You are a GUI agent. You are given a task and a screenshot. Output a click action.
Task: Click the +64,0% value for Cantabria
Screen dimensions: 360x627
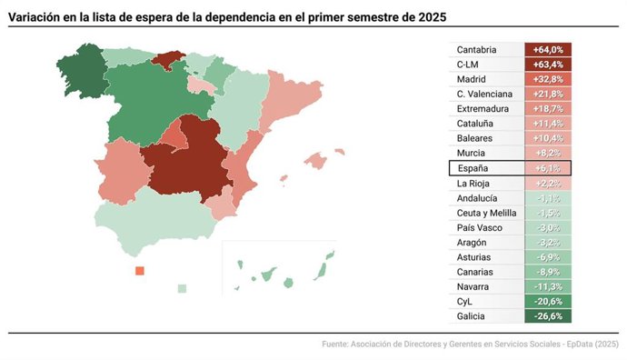point(548,50)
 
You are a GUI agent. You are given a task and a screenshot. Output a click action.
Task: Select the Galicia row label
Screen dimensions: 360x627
point(472,316)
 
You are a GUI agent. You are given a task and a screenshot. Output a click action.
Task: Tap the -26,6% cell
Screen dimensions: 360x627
point(548,316)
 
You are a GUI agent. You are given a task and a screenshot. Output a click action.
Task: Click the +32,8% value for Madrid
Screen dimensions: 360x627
point(548,79)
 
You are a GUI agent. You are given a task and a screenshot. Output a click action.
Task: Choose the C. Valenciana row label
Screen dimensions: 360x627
point(484,94)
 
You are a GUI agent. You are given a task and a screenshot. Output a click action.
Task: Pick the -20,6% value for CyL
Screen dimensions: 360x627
point(548,301)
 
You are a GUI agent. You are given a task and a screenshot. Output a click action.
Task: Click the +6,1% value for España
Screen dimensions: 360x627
point(548,168)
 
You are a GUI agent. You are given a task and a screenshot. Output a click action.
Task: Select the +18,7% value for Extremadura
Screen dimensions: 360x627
point(548,108)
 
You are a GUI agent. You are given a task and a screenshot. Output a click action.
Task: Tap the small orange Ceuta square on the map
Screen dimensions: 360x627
point(139,271)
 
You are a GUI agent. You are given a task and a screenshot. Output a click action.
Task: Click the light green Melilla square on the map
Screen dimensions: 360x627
point(182,288)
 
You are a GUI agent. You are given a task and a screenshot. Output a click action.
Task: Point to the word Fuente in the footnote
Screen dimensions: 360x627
point(337,345)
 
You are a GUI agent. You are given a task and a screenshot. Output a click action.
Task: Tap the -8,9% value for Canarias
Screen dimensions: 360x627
point(548,272)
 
